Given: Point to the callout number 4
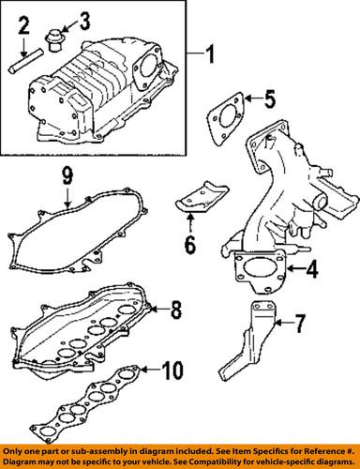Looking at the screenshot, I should tap(312, 271).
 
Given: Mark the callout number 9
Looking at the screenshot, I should tap(67, 174).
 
